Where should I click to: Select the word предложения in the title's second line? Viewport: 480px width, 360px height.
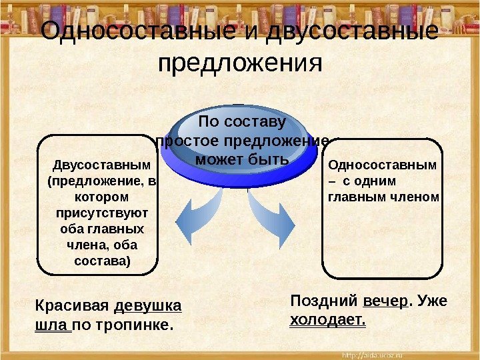pyautogui.click(x=240, y=65)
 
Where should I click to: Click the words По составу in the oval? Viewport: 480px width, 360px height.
pyautogui.click(x=242, y=122)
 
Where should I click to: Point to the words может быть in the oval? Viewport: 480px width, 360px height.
pyautogui.click(x=242, y=161)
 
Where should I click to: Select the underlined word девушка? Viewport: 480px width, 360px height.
pyautogui.click(x=148, y=306)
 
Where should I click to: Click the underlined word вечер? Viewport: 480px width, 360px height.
pyautogui.click(x=386, y=301)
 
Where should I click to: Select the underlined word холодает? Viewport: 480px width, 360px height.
pyautogui.click(x=329, y=319)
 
